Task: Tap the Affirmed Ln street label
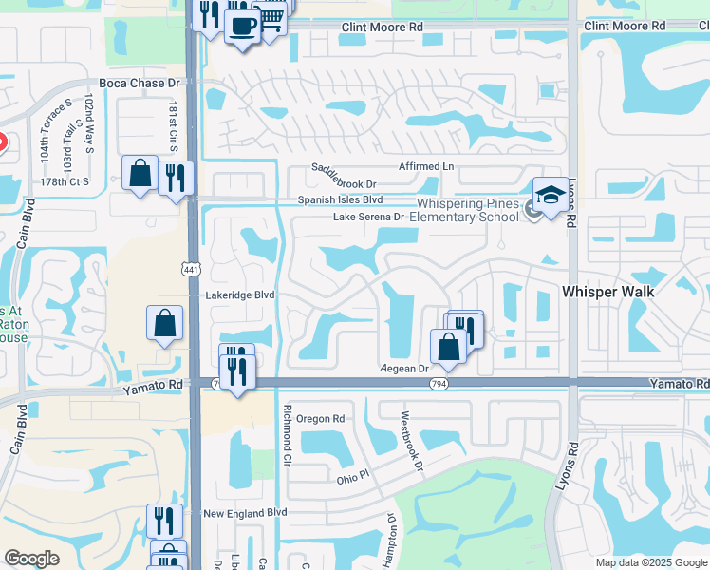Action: pos(426,167)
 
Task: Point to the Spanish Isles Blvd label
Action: pos(340,200)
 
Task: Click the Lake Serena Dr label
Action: pos(368,217)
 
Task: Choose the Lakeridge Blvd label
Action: pos(240,295)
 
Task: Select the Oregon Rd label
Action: pos(319,418)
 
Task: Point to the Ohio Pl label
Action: pos(351,480)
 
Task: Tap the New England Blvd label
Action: pos(245,512)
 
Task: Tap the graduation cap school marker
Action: pos(550,194)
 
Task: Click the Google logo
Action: pos(31,559)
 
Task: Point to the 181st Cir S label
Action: pos(173,125)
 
